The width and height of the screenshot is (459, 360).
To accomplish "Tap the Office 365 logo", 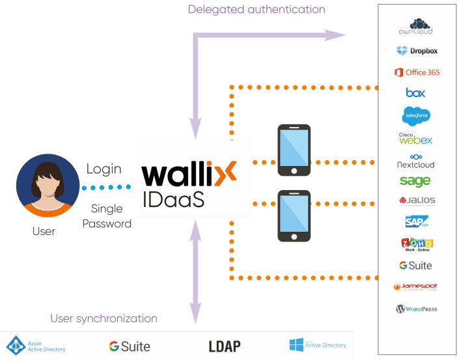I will tap(416, 72).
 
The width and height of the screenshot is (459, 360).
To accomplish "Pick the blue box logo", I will tap(415, 93).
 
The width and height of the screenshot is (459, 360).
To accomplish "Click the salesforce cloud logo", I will tap(416, 115).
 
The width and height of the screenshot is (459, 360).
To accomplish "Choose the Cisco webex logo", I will tap(415, 139).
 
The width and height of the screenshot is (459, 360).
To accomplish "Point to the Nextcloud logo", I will tap(415, 161).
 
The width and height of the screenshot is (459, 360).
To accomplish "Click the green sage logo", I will tap(415, 181).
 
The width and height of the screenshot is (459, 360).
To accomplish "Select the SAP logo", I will tap(415, 222).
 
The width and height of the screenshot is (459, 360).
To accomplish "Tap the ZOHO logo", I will tap(417, 244).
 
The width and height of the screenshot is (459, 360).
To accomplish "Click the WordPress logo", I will tap(416, 309).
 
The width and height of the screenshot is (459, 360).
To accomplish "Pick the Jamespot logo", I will tap(416, 286).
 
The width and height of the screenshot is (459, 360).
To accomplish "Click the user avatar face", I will tap(43, 186).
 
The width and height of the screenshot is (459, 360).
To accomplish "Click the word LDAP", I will tap(225, 346).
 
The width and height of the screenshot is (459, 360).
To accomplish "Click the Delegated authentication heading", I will tap(257, 10).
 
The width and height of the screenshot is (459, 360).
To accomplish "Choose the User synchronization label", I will tap(104, 318).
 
